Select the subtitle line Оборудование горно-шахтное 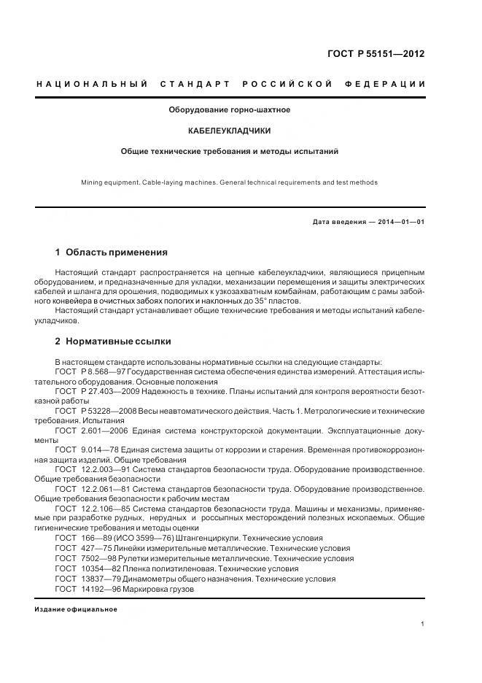click(230, 110)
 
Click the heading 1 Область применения click(111, 252)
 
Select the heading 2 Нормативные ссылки click(113, 341)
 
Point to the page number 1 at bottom click(423, 624)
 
